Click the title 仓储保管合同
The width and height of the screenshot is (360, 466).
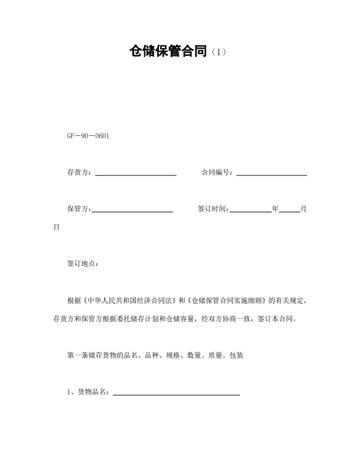169,52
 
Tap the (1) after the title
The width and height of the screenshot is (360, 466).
218,53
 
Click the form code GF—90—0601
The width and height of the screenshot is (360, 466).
88,137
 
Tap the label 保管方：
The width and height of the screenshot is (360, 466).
79,209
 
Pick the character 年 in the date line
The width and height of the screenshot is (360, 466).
275,209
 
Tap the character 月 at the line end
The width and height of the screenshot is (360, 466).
304,209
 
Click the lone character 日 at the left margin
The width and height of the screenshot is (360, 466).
56,227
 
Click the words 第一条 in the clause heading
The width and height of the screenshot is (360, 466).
78,355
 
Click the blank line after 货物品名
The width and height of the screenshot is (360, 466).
176,393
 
